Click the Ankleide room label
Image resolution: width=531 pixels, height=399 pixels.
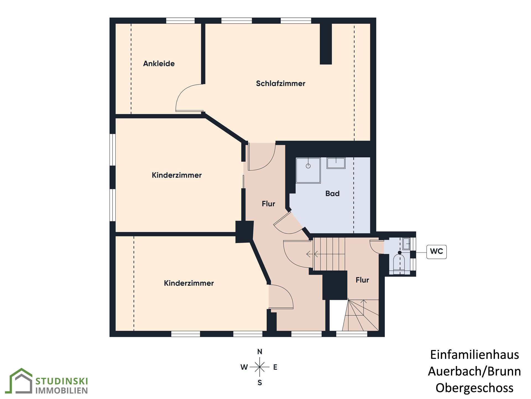point(159,64)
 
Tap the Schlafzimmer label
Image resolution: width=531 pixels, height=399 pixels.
point(280,83)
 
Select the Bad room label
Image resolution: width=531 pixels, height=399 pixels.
point(332,193)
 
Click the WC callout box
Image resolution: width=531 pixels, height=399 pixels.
point(436,252)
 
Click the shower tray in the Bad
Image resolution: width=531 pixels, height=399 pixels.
point(308,170)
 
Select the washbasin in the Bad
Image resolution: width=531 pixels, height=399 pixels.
point(336,163)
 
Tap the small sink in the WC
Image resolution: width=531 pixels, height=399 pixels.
point(406,244)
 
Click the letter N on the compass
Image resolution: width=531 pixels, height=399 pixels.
point(260,352)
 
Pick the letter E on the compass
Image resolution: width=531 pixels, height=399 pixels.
point(275,367)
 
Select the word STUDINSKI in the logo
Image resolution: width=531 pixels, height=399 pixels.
point(62,381)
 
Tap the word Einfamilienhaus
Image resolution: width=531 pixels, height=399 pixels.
point(474,355)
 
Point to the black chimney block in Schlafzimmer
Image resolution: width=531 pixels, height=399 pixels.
point(326,44)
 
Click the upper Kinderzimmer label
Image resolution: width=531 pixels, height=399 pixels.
point(176,175)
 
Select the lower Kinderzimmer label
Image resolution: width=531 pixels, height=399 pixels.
point(189,283)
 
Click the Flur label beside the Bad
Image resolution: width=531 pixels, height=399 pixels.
point(268,204)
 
